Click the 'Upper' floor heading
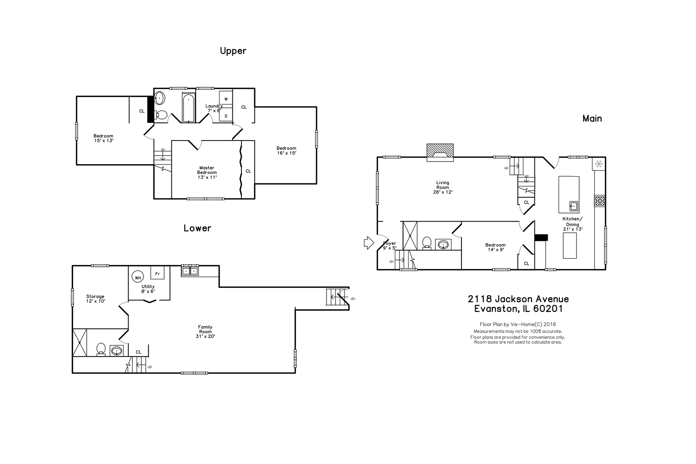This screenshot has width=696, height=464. click(x=233, y=51)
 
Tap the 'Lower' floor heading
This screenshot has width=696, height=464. click(x=197, y=228)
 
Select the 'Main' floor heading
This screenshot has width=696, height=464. click(x=592, y=119)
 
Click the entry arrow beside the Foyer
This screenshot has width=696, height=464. click(x=369, y=243)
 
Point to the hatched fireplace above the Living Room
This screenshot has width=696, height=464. click(x=440, y=152)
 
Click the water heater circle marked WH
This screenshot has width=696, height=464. click(x=138, y=278)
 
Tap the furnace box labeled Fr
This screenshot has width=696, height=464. click(x=158, y=272)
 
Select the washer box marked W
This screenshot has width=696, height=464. click(x=226, y=98)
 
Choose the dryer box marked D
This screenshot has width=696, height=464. click(x=226, y=115)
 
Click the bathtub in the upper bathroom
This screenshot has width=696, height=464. click(x=189, y=107)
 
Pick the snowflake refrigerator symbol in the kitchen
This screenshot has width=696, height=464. click(x=599, y=164)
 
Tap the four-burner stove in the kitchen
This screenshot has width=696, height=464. click(x=600, y=201)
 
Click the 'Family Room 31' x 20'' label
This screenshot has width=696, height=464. click(x=205, y=331)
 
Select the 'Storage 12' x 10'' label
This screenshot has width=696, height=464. click(x=95, y=299)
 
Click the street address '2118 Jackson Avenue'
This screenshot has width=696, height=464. click(x=518, y=299)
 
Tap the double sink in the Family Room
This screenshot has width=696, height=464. click(x=190, y=271)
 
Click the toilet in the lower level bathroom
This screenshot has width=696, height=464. click(x=101, y=349)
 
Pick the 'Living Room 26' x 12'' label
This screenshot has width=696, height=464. click(x=443, y=187)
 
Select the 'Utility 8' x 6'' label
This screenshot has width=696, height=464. click(x=148, y=289)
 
